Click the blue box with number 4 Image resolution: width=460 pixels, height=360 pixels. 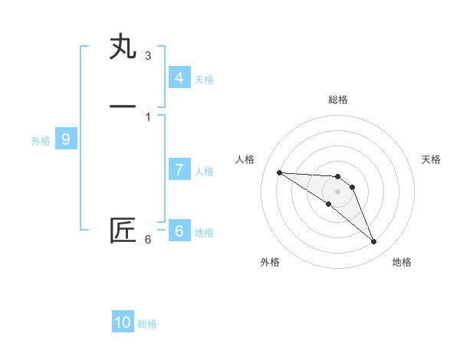pos(179,77)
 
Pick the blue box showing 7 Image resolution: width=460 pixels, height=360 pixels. pos(179,170)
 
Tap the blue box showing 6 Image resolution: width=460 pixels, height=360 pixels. pos(179,231)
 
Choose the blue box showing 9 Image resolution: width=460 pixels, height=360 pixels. pos(66,139)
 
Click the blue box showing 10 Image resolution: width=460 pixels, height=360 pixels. pos(123,322)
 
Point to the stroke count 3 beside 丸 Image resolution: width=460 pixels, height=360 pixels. pos(147,55)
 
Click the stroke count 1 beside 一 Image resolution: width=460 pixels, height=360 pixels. pos(147,116)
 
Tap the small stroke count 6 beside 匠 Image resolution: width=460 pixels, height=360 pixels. pos(147,240)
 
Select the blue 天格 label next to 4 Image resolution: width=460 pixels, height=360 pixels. pos(204,79)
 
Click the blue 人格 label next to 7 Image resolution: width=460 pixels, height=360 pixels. pos(204,172)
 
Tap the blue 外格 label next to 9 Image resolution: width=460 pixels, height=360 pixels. pos(41,141)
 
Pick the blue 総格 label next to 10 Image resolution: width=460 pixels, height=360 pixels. pos(147,324)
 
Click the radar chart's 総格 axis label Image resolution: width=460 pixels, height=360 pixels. pos(338,100)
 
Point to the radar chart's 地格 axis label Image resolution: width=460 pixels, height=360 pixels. pos(402,262)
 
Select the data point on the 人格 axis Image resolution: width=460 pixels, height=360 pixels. pos(279,172)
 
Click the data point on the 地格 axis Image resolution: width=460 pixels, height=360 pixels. pos(373,242)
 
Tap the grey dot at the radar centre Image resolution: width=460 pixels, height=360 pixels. pos(337,191)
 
